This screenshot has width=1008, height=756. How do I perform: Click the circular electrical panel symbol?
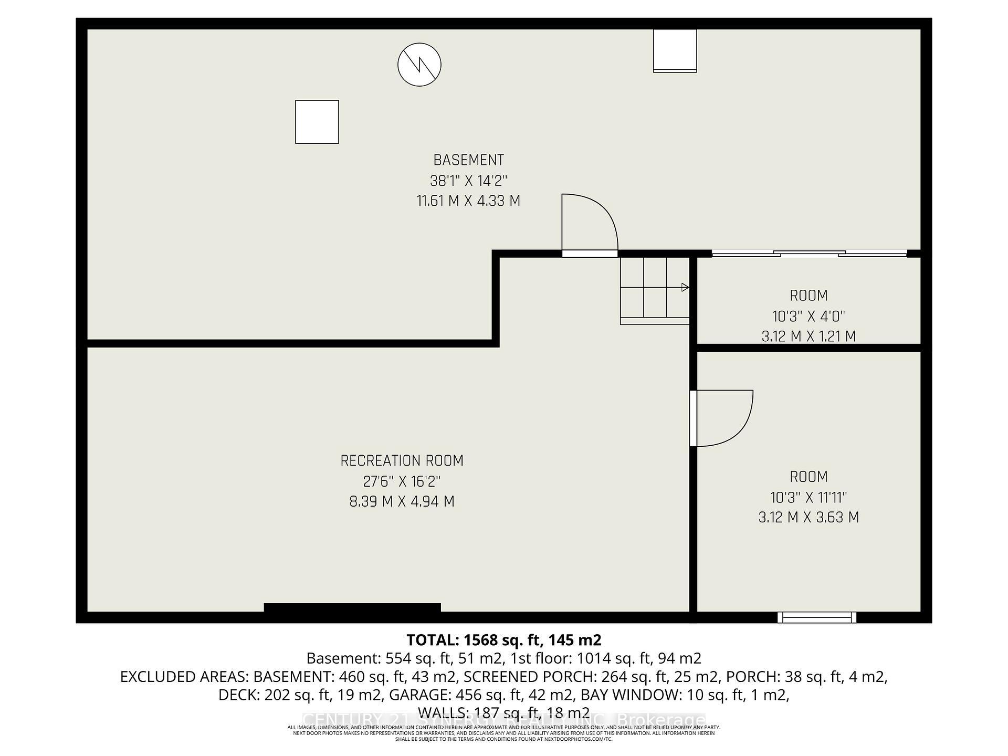tap(419, 65)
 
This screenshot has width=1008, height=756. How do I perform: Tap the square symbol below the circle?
tap(317, 122)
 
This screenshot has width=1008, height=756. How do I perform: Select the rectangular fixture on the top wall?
tap(675, 50)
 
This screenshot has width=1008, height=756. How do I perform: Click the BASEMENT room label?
tap(468, 160)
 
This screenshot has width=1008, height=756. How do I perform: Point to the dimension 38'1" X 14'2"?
tap(468, 181)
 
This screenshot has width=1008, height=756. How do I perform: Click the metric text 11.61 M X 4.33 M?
tap(468, 201)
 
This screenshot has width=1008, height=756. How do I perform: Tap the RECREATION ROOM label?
tap(402, 461)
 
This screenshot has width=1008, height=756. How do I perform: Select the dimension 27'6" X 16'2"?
tap(402, 481)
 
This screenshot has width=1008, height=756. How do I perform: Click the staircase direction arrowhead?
tap(685, 287)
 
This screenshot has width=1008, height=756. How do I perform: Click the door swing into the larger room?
tap(722, 418)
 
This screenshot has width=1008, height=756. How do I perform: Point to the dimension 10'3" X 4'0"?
tap(808, 317)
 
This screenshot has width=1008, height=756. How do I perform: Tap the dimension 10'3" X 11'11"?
tap(808, 497)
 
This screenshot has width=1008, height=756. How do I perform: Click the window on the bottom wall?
tap(816, 617)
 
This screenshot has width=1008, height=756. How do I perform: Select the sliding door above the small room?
tap(809, 254)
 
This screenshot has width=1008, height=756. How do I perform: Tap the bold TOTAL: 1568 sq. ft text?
tap(503, 640)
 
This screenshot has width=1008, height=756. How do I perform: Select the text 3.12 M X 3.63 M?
tap(808, 518)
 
